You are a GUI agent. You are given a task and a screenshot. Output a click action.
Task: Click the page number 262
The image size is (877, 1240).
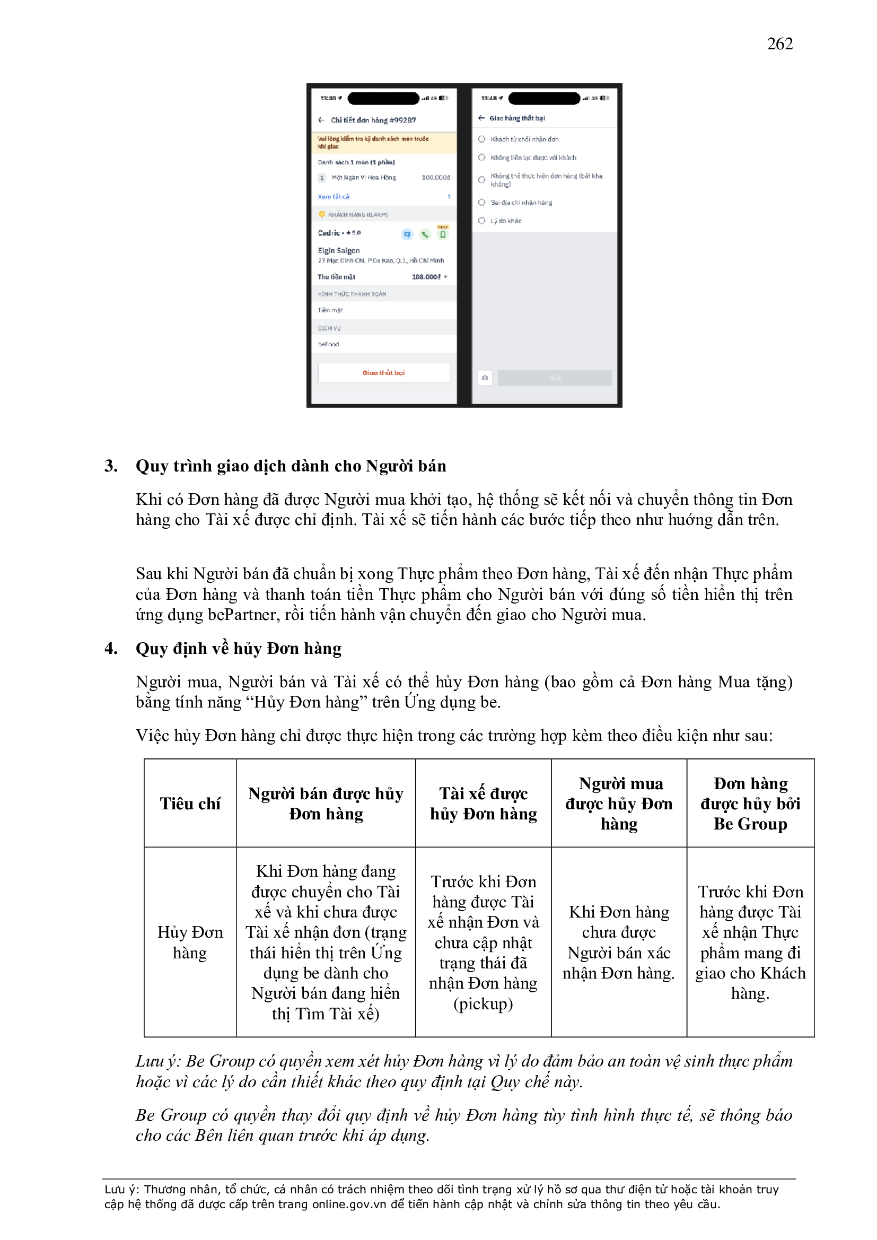779,43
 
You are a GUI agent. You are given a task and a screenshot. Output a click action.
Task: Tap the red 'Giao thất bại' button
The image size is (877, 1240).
383,373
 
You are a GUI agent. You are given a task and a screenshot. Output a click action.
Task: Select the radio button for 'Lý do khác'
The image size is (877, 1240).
481,221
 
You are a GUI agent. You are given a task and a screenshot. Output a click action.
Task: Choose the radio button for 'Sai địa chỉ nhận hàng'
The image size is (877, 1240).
481,203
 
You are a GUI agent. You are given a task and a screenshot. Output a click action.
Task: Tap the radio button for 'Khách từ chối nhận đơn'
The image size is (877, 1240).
481,139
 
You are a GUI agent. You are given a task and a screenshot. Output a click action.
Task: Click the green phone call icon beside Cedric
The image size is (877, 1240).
425,234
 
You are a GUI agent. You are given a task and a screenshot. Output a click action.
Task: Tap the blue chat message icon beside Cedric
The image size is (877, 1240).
407,234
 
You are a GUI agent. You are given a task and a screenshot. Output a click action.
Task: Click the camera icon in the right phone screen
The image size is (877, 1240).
485,378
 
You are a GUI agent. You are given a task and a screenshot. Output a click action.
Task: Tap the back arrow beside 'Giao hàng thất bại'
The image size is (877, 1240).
481,118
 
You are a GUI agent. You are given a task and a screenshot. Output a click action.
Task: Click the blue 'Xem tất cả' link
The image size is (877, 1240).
333,197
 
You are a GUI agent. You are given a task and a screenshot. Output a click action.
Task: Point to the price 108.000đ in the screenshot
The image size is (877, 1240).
426,276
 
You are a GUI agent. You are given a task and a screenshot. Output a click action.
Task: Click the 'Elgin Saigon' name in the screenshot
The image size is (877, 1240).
339,250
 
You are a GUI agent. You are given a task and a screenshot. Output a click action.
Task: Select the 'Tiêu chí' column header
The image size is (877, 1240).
190,804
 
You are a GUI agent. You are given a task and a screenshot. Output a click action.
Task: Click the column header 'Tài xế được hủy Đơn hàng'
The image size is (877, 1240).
483,804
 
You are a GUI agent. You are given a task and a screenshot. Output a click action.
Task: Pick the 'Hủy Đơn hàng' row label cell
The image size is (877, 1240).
190,942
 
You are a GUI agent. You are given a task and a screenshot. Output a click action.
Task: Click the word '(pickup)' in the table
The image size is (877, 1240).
483,1003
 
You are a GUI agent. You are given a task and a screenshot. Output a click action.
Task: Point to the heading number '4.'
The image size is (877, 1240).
111,648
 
